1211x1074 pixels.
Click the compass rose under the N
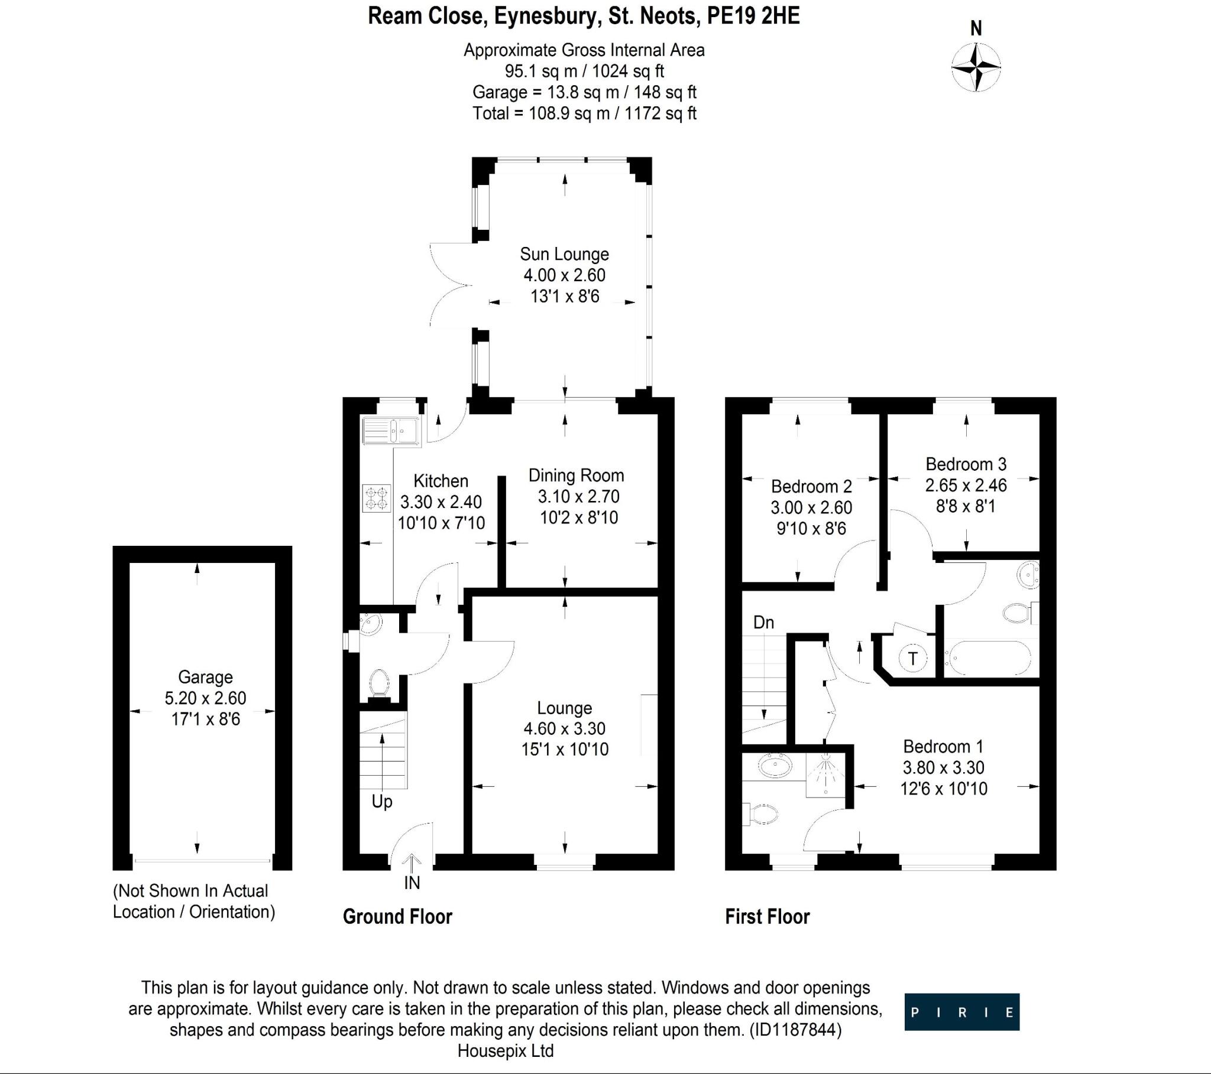[x=976, y=67]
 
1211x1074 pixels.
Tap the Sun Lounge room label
[x=564, y=254]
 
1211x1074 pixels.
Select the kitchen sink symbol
[x=391, y=431]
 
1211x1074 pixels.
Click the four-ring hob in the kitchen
[x=377, y=498]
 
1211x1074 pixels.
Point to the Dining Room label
[x=576, y=476]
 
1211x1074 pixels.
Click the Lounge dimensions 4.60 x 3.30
[x=564, y=728]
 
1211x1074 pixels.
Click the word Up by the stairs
[x=381, y=802]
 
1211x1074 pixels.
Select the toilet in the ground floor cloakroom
[x=378, y=684]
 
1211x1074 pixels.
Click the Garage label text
[x=205, y=677]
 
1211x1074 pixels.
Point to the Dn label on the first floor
[x=763, y=622]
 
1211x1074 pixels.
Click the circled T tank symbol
[x=912, y=658]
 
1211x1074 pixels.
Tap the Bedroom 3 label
[x=966, y=464]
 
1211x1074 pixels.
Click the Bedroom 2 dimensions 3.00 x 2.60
[x=811, y=507]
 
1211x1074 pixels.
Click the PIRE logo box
[x=961, y=1012]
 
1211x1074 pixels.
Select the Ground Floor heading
[x=397, y=916]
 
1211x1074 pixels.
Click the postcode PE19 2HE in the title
[x=753, y=16]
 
